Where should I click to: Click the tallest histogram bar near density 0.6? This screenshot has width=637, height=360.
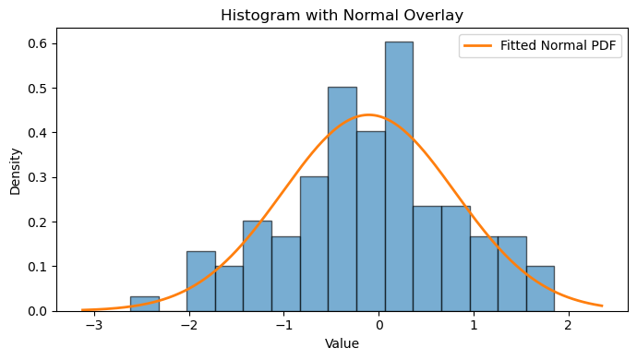click(x=400, y=176)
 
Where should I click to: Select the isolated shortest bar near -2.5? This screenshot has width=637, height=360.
click(x=145, y=304)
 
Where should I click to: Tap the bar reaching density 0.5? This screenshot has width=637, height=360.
click(x=343, y=199)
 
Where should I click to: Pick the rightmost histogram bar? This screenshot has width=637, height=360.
click(x=540, y=289)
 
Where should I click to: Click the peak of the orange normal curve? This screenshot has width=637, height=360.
click(x=368, y=114)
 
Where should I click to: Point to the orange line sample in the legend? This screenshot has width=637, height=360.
click(x=478, y=45)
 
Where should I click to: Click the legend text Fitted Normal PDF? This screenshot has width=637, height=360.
click(x=559, y=45)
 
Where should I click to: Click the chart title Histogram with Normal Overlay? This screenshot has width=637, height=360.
click(x=343, y=15)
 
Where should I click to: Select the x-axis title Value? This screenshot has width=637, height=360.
click(x=343, y=343)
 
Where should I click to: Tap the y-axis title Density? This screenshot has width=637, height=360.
click(x=15, y=172)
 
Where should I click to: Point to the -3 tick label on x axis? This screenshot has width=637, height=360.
click(x=94, y=326)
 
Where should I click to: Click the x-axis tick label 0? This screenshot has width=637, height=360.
click(x=379, y=326)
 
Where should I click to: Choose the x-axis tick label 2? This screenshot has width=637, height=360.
click(x=569, y=326)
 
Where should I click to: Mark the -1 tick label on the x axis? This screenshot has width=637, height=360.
click(x=284, y=326)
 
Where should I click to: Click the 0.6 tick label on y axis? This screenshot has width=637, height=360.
click(x=37, y=43)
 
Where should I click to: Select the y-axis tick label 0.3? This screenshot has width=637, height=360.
click(x=37, y=177)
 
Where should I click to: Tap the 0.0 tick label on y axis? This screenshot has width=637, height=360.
click(x=37, y=311)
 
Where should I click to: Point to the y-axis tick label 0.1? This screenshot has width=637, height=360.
click(x=37, y=267)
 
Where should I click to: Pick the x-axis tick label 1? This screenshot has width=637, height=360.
click(x=474, y=326)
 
